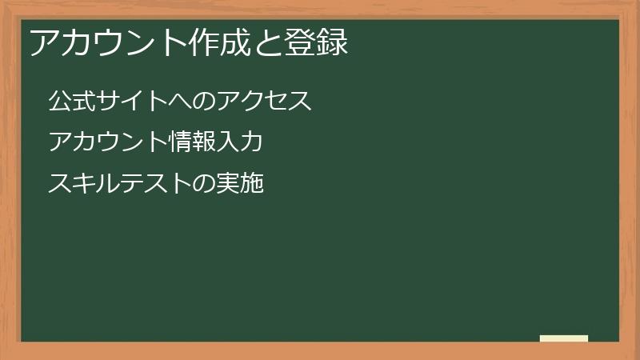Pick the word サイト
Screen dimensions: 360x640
tap(133, 102)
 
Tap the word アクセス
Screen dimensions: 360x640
tap(264, 102)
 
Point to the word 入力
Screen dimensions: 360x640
tap(241, 142)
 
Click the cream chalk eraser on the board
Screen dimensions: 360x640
tap(564, 338)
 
